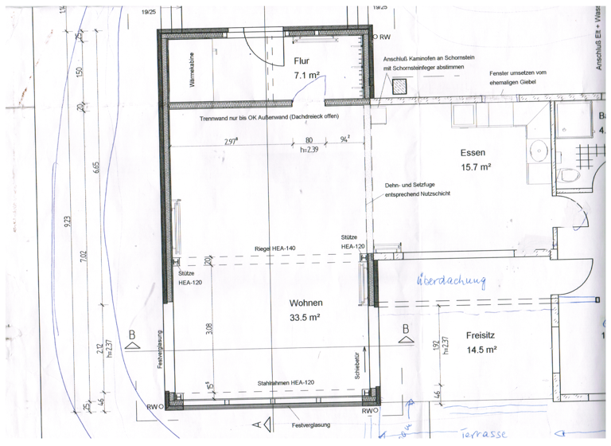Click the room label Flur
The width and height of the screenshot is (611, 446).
point(302,61)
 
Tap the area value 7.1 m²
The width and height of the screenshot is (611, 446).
point(306,76)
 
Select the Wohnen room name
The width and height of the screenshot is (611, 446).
point(305,303)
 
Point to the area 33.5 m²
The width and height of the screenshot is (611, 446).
point(305,317)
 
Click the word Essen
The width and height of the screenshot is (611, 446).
point(473,152)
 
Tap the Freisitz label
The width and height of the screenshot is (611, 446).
point(481,335)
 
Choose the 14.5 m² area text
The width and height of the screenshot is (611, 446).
point(481,350)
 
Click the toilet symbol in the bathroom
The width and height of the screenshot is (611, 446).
point(569,174)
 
